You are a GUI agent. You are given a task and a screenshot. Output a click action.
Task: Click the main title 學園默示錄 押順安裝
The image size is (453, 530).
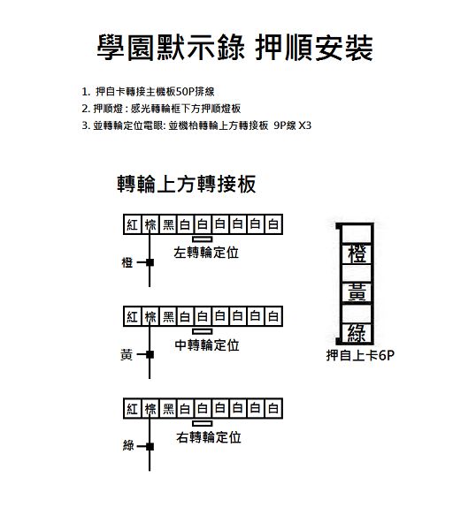click(235, 48)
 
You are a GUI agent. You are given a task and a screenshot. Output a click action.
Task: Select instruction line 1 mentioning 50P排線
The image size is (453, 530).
click(148, 92)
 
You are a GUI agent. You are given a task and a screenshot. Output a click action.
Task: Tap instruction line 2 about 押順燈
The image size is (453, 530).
click(161, 109)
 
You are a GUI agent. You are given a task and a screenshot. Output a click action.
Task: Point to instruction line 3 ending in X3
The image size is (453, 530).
click(196, 125)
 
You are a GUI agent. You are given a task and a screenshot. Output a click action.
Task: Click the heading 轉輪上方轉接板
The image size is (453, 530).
click(187, 184)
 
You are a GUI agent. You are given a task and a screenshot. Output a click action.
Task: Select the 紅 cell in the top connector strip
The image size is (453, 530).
click(133, 224)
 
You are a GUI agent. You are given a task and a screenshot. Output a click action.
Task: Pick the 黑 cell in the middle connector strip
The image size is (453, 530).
click(168, 316)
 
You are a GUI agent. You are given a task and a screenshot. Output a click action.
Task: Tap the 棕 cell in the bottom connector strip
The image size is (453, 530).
click(150, 409)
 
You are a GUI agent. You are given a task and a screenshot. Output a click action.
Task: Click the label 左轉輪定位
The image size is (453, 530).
click(206, 253)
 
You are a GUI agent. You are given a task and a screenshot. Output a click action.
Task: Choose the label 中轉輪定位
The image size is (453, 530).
click(207, 345)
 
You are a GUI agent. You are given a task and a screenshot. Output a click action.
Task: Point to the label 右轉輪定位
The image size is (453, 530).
click(209, 437)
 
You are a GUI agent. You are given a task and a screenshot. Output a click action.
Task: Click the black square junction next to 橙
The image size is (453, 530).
click(150, 262)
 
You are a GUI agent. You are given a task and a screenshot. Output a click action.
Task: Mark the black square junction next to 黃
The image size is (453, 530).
click(150, 354)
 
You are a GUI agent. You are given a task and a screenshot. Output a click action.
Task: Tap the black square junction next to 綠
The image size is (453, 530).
click(150, 446)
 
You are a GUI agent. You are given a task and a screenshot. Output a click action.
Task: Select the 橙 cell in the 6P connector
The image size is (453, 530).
click(357, 254)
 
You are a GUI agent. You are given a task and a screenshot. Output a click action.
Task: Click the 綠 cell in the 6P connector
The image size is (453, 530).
click(357, 333)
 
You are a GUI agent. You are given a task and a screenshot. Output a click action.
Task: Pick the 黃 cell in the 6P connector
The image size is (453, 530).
click(357, 292)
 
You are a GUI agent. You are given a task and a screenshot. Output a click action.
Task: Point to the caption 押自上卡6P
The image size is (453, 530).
click(360, 355)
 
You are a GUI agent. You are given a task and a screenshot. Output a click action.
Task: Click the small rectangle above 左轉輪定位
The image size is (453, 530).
click(203, 239)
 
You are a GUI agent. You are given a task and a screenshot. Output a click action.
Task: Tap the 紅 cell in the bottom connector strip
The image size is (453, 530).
click(133, 409)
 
